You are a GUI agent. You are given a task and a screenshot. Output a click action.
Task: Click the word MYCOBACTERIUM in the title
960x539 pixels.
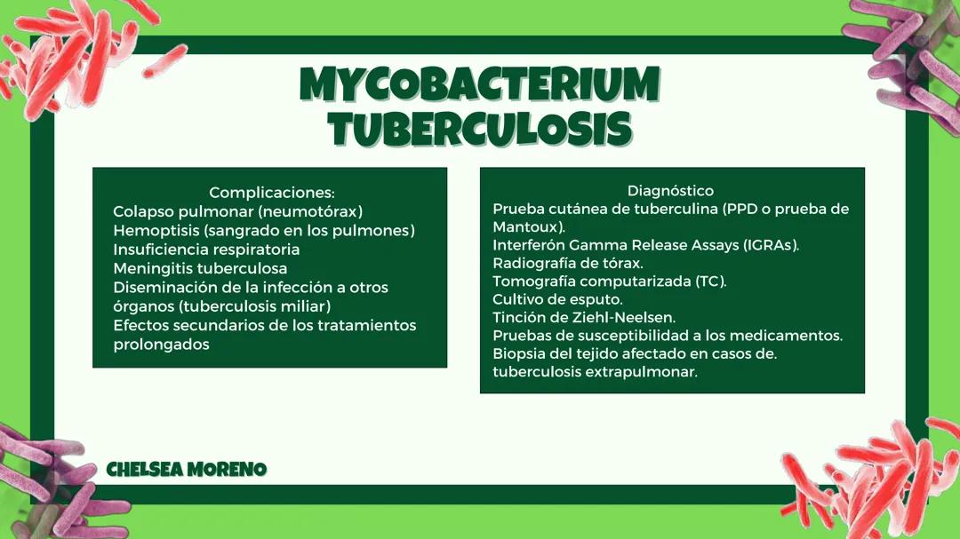pyautogui.click(x=480, y=84)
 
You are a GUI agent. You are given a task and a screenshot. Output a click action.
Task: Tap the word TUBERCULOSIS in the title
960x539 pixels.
pyautogui.click(x=480, y=129)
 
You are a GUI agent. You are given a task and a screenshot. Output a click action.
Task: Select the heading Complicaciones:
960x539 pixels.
pyautogui.click(x=271, y=193)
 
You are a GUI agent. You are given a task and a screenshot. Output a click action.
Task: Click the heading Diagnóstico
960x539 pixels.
pyautogui.click(x=670, y=191)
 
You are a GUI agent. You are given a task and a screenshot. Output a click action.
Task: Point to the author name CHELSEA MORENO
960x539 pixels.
pyautogui.click(x=187, y=470)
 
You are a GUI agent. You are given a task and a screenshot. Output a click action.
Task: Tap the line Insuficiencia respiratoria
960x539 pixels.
pyautogui.click(x=206, y=250)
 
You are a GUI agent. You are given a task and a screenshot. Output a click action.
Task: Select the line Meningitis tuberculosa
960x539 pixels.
pyautogui.click(x=200, y=268)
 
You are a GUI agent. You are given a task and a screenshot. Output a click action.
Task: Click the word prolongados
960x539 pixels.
pyautogui.click(x=161, y=345)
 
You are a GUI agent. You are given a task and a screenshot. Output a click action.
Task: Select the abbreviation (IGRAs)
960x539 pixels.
pyautogui.click(x=770, y=245)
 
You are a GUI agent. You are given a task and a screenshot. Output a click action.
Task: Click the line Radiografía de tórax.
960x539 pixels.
pyautogui.click(x=568, y=264)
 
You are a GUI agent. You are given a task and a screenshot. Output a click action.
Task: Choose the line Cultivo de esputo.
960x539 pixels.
pyautogui.click(x=557, y=299)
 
